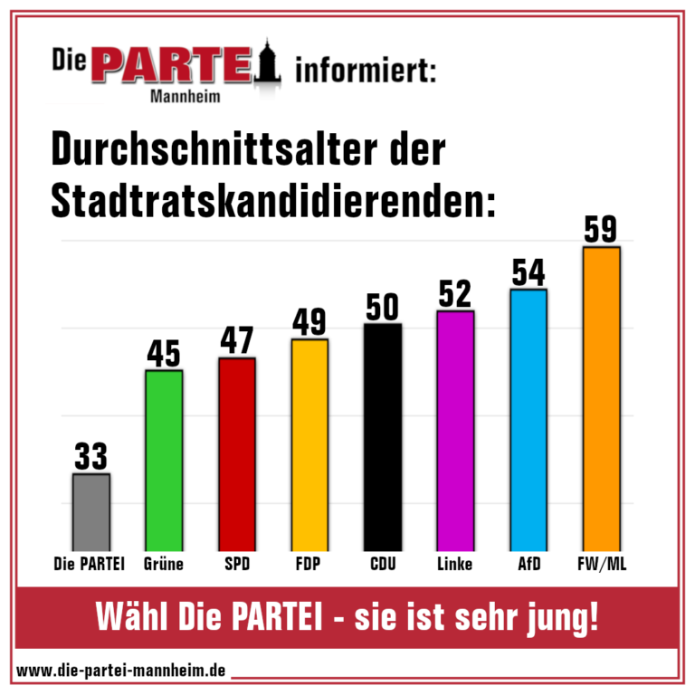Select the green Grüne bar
pyautogui.click(x=164, y=461)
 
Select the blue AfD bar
pyautogui.click(x=528, y=420)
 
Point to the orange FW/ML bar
pyautogui.click(x=601, y=399)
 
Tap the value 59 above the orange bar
pyautogui.click(x=601, y=229)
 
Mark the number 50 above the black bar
pyautogui.click(x=382, y=307)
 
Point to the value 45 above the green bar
pyautogui.click(x=164, y=353)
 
